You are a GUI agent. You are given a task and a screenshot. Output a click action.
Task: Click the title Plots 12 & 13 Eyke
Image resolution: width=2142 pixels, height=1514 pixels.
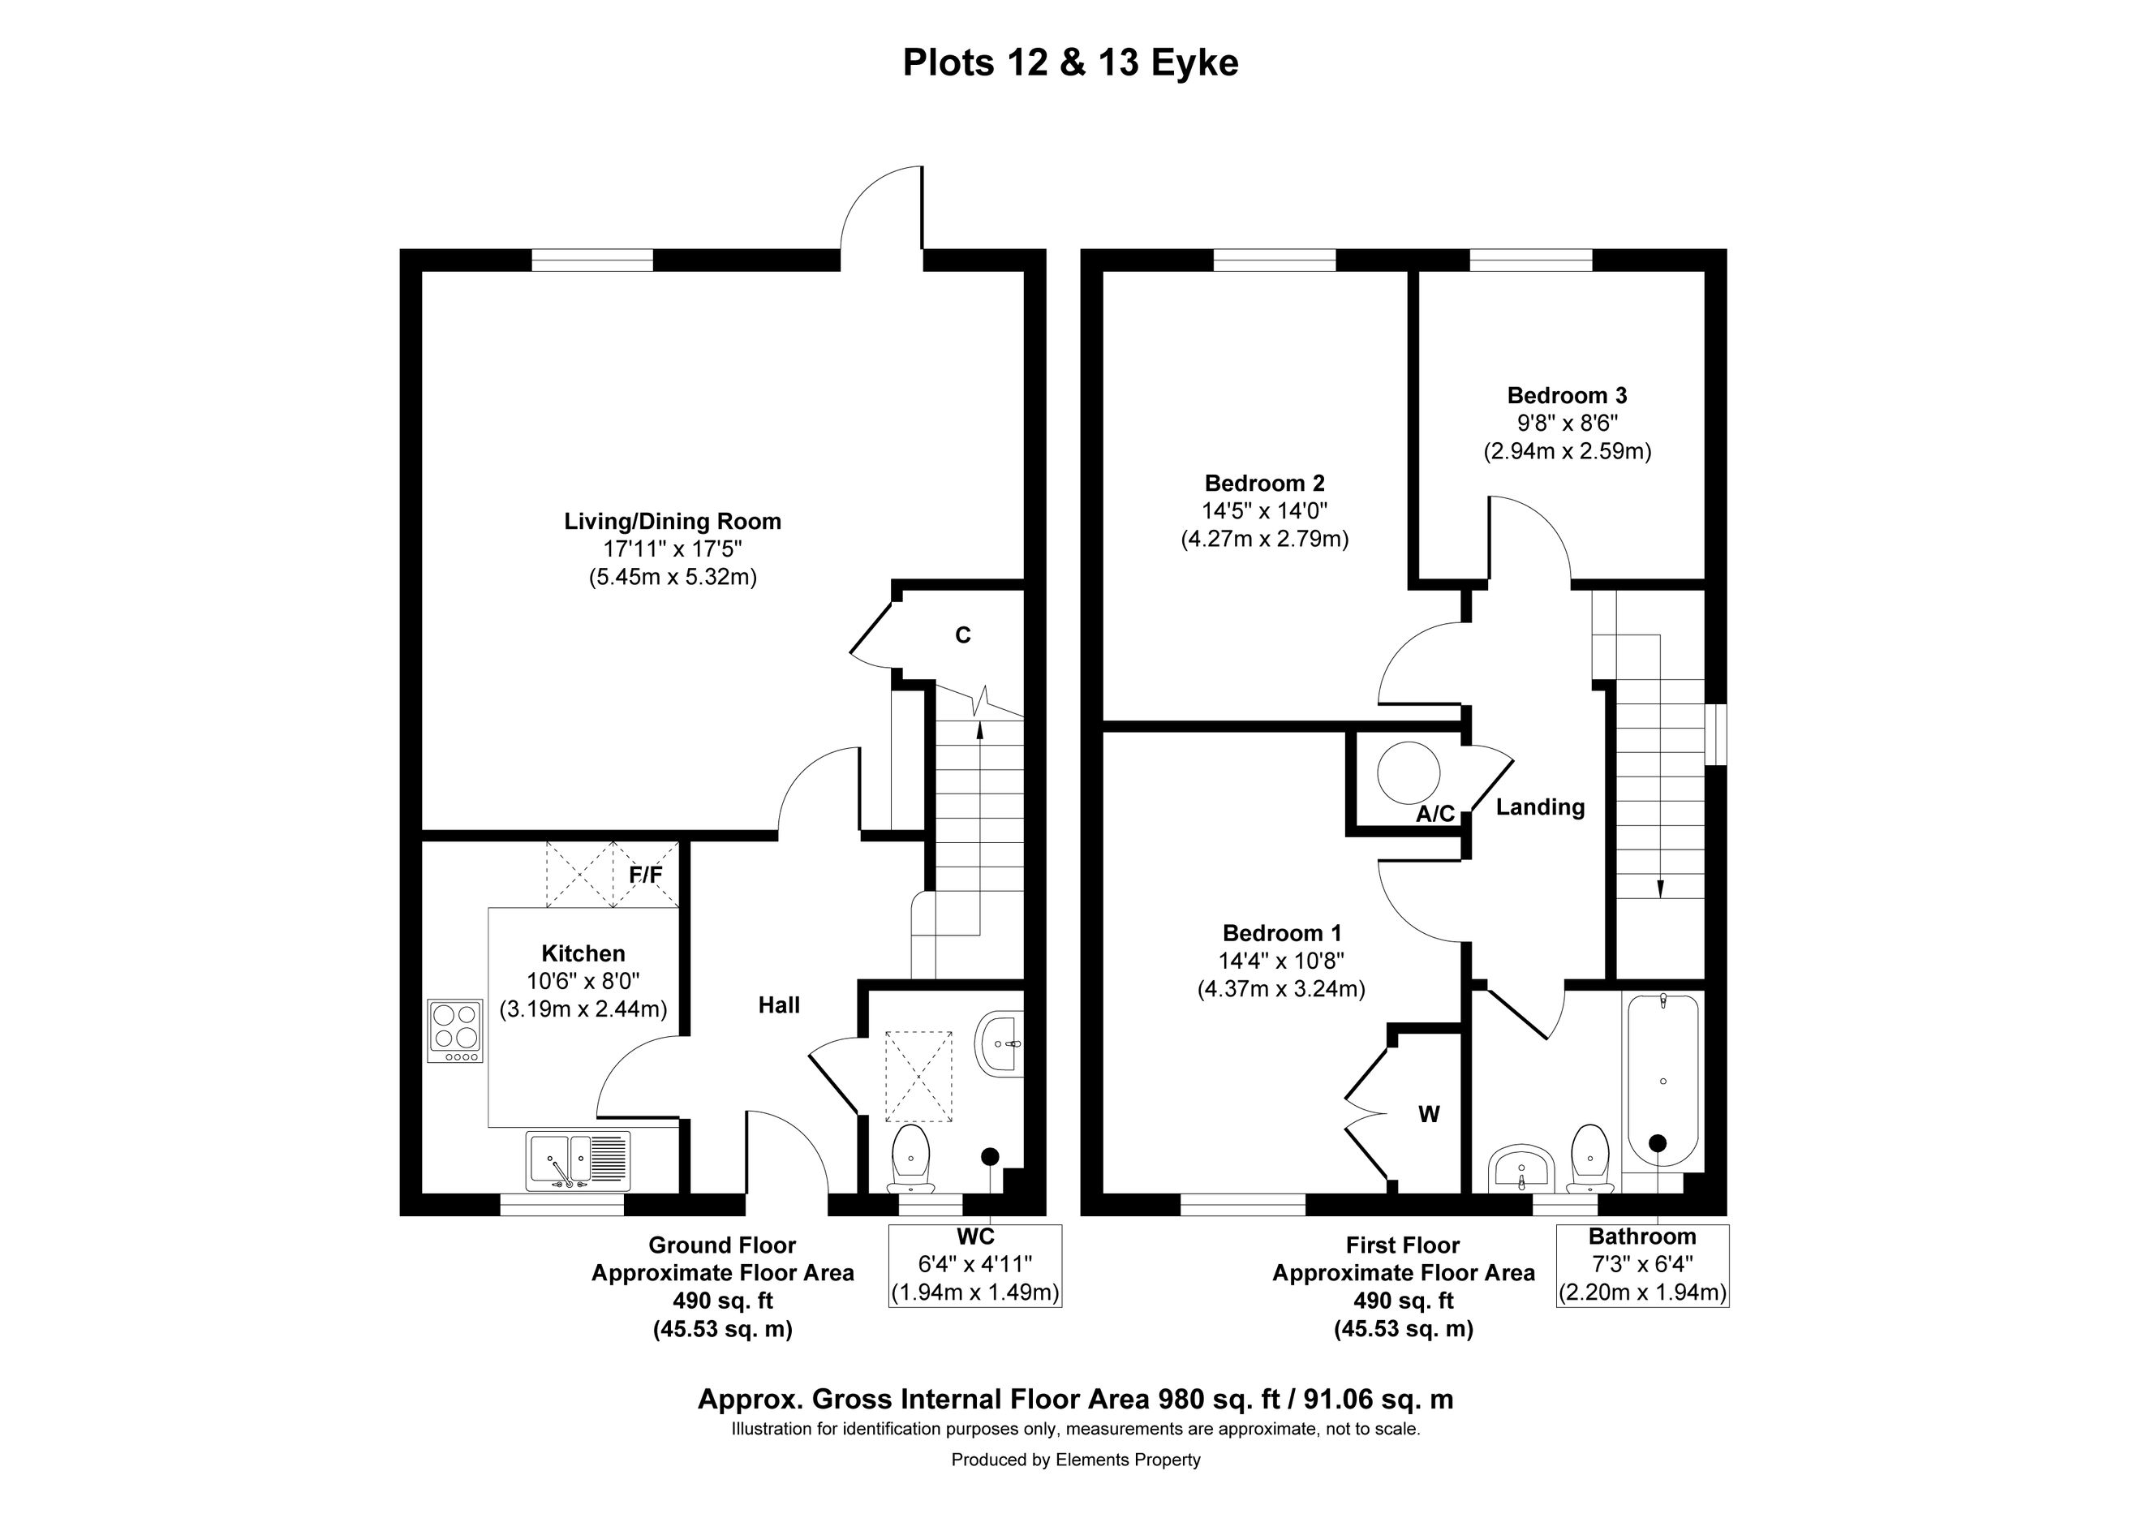point(1070,63)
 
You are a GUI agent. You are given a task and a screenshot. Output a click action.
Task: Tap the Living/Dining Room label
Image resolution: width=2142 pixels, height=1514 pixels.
point(673,522)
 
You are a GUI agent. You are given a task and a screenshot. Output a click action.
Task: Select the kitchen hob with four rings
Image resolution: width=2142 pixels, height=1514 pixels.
point(455,1030)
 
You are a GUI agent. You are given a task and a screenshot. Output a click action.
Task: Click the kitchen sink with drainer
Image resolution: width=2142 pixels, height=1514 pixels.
point(579,1160)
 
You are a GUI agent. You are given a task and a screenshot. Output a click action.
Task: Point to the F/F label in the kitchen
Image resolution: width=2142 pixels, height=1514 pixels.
point(646,875)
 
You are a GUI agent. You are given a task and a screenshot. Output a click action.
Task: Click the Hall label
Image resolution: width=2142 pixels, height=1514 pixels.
point(779,1004)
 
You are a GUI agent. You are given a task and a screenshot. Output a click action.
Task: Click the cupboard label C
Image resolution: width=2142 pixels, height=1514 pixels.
point(963,635)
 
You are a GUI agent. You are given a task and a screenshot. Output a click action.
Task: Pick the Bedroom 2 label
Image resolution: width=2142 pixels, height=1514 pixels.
point(1264,484)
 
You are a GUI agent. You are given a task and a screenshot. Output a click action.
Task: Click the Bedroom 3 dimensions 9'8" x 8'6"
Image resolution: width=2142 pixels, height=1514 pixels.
point(1568,424)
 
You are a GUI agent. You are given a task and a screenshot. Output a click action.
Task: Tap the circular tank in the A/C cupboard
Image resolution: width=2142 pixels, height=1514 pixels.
point(1409,773)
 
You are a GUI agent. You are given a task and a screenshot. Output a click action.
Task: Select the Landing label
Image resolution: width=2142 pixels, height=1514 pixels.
point(1540,808)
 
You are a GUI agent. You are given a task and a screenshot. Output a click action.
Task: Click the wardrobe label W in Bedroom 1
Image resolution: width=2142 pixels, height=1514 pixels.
point(1430,1114)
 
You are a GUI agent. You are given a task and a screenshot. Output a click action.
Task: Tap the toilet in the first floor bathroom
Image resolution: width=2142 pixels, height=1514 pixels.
point(1589,1159)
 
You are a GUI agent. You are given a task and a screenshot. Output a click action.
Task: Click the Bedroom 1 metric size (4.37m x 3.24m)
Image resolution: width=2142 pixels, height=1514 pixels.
point(1281,989)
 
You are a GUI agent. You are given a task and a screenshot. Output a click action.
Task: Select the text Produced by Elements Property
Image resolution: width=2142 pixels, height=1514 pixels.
point(1076,1460)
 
